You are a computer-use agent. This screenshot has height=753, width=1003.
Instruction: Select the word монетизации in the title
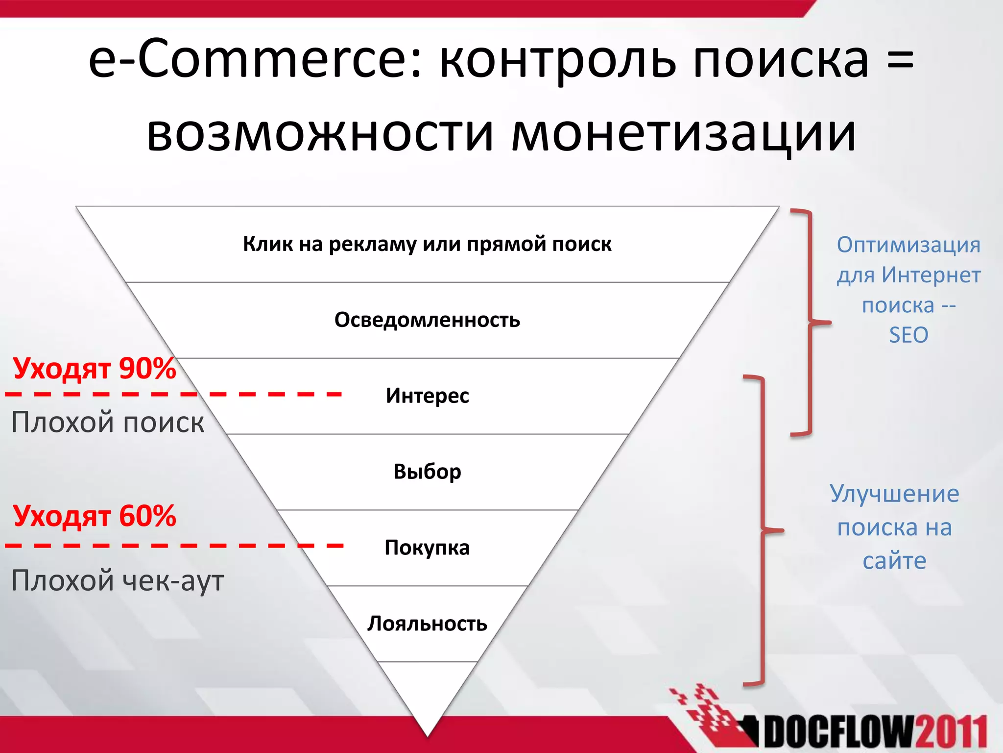(x=683, y=133)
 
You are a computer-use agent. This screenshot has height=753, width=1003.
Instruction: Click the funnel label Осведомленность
(x=427, y=320)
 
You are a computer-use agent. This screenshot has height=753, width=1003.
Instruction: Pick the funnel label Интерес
(x=427, y=396)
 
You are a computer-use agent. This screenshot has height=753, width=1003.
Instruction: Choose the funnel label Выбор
(x=427, y=472)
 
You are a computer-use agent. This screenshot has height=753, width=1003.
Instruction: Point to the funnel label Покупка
(x=427, y=548)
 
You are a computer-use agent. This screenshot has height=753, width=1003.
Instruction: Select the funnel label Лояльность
(x=427, y=624)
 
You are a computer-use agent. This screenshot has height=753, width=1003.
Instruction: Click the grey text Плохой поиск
(x=108, y=422)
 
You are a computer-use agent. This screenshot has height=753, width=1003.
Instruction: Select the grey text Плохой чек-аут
(x=118, y=580)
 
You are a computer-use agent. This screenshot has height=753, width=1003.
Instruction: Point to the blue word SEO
(x=908, y=335)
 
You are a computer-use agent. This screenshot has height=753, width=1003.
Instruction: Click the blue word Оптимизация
(x=908, y=245)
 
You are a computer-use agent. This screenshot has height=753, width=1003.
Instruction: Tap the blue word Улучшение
(x=894, y=494)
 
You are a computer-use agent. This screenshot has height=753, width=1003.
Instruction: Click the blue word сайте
(x=894, y=561)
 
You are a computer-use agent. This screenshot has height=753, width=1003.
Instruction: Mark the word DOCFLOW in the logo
(x=838, y=734)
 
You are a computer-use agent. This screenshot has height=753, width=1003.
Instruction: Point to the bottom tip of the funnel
(x=428, y=734)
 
